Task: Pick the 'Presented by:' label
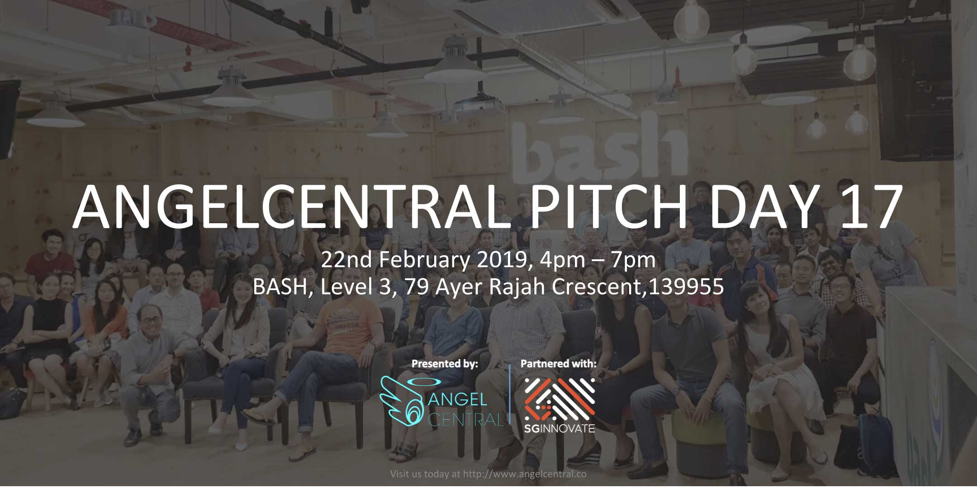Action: pyautogui.click(x=445, y=364)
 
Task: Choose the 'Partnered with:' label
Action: pyautogui.click(x=558, y=364)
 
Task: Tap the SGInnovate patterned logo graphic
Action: pyautogui.click(x=560, y=398)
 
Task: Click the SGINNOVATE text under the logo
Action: pyautogui.click(x=560, y=428)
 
